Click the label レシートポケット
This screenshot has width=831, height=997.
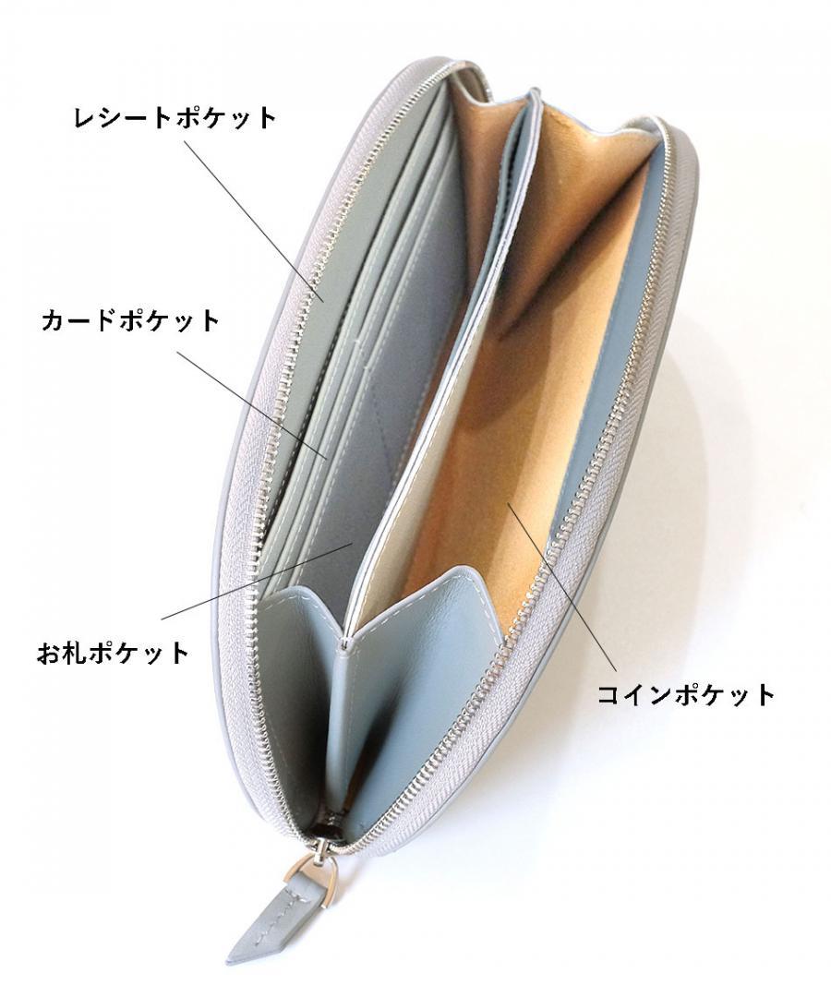[175, 118]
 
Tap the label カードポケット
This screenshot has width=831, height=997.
[130, 321]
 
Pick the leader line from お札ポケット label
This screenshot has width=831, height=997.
[259, 582]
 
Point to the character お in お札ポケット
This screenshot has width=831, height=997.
[48, 654]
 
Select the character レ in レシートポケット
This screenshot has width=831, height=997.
[85, 118]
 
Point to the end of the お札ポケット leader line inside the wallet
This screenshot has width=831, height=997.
[353, 545]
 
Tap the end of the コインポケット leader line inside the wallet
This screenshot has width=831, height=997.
[507, 505]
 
